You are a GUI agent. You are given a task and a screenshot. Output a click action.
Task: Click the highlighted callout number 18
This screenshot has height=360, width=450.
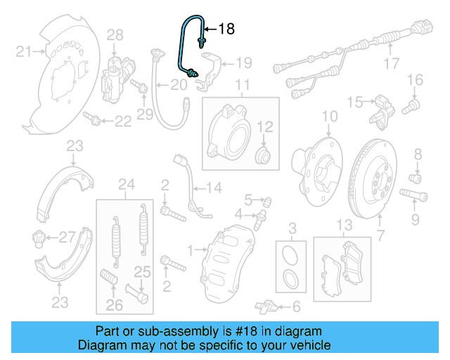point(226,29)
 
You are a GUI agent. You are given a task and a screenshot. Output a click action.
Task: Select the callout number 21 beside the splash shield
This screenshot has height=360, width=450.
point(24,51)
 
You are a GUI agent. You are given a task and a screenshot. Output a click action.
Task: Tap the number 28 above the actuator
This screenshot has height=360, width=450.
point(115,34)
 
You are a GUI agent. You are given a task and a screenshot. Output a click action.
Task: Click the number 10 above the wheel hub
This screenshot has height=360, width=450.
point(330,116)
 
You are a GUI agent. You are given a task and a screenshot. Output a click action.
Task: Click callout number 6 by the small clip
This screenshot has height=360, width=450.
point(295,306)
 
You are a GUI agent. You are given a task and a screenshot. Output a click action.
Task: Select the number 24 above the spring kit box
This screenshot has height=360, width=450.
point(127,185)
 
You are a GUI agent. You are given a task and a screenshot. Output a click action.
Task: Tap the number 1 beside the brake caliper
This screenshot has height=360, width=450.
point(189,249)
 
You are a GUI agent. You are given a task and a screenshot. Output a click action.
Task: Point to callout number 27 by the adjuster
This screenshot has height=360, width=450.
point(66,236)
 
